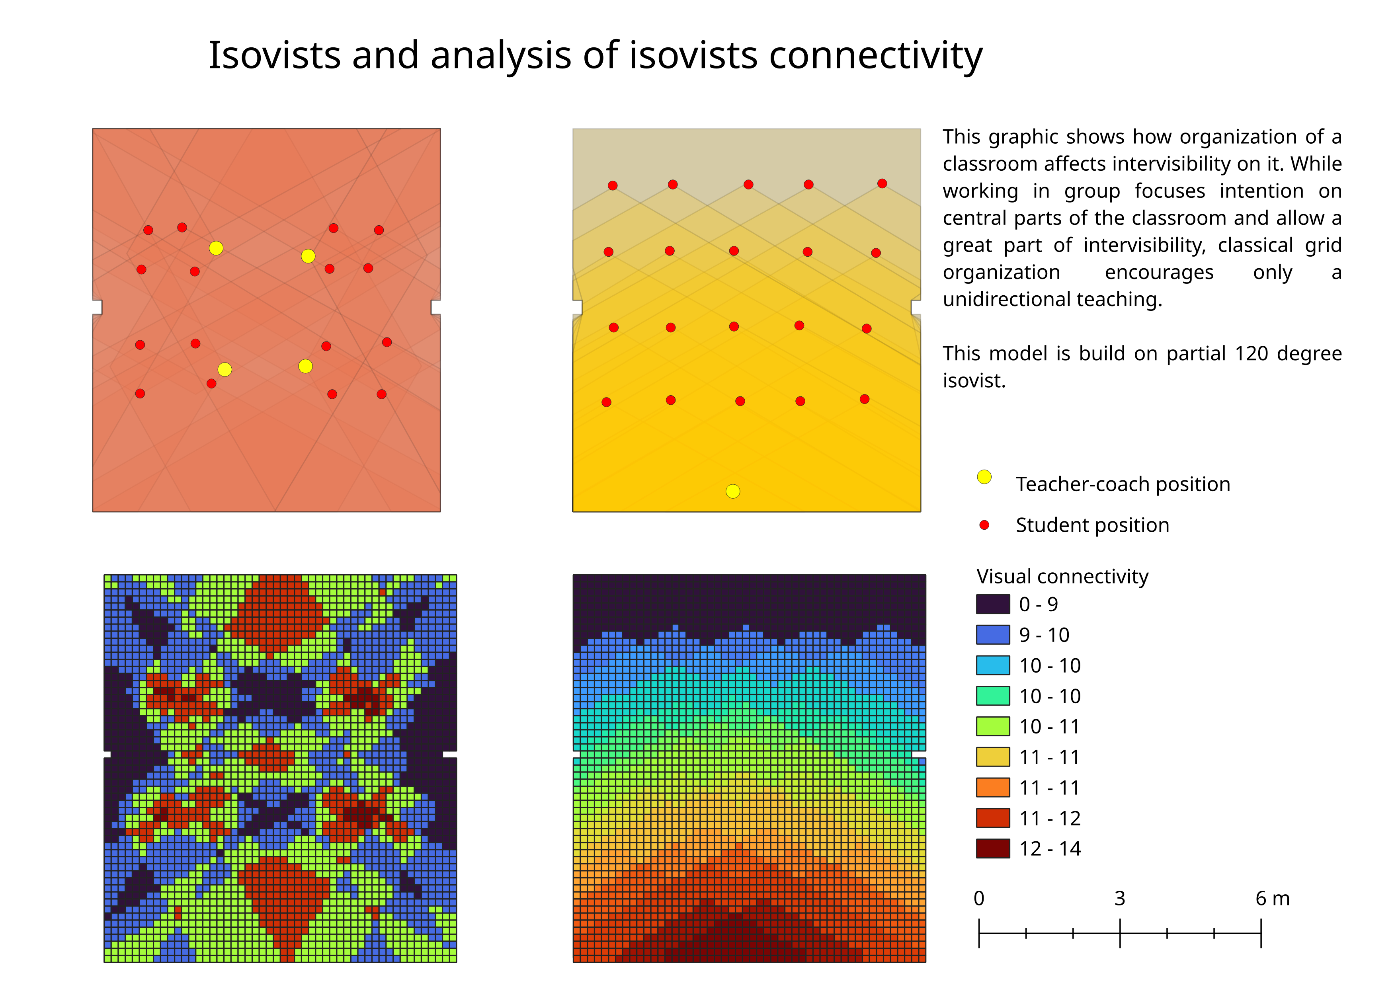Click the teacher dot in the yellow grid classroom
point(733,491)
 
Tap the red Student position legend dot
point(984,525)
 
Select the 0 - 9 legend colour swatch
point(993,604)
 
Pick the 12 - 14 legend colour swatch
point(993,849)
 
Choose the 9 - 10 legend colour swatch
point(993,634)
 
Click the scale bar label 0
point(979,898)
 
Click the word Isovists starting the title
point(274,55)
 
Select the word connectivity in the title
point(876,55)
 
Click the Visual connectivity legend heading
point(1062,576)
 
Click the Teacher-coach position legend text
point(1123,484)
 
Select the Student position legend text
point(1092,525)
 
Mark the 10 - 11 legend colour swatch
point(993,726)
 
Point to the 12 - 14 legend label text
point(1050,849)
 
